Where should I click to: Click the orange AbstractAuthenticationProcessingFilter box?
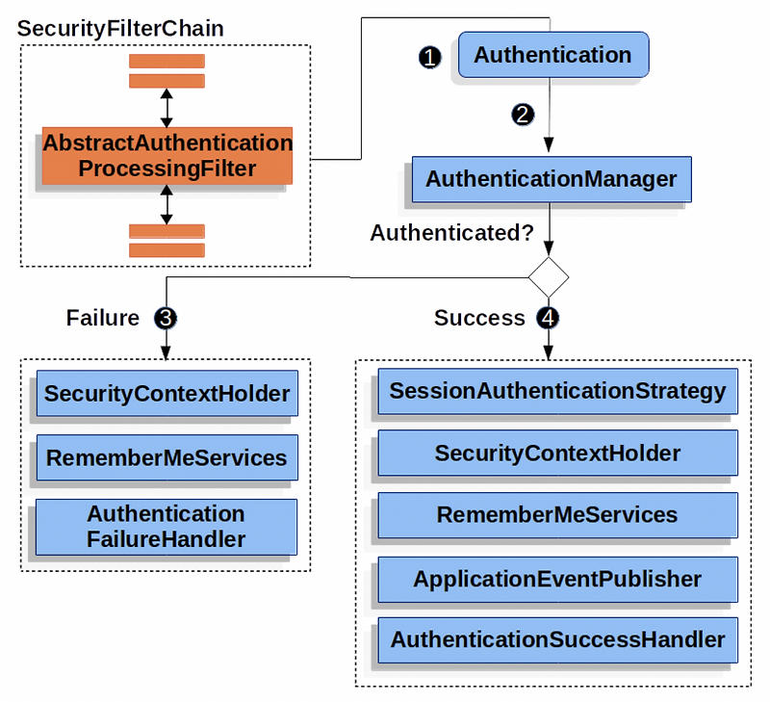[x=167, y=155]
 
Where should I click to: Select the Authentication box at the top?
[x=552, y=55]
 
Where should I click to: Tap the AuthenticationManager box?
[x=551, y=179]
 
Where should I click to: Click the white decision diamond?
[x=549, y=277]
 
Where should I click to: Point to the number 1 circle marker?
[x=430, y=57]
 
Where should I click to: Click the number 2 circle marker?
[x=522, y=115]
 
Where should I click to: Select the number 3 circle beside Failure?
[x=166, y=318]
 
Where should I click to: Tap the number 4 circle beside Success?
[x=549, y=318]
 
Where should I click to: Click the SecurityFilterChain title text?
[x=120, y=28]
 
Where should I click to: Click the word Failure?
[x=103, y=318]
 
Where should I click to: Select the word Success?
[x=479, y=318]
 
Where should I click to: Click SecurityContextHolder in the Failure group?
[x=167, y=393]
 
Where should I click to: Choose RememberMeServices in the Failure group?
[x=167, y=457]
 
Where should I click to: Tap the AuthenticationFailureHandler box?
[x=167, y=526]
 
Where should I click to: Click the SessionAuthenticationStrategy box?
[x=557, y=391]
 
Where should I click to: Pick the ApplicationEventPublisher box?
[x=557, y=579]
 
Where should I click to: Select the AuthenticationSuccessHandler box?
[x=557, y=638]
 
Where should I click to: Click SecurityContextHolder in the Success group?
[x=557, y=453]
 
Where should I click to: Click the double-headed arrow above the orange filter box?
[x=167, y=107]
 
